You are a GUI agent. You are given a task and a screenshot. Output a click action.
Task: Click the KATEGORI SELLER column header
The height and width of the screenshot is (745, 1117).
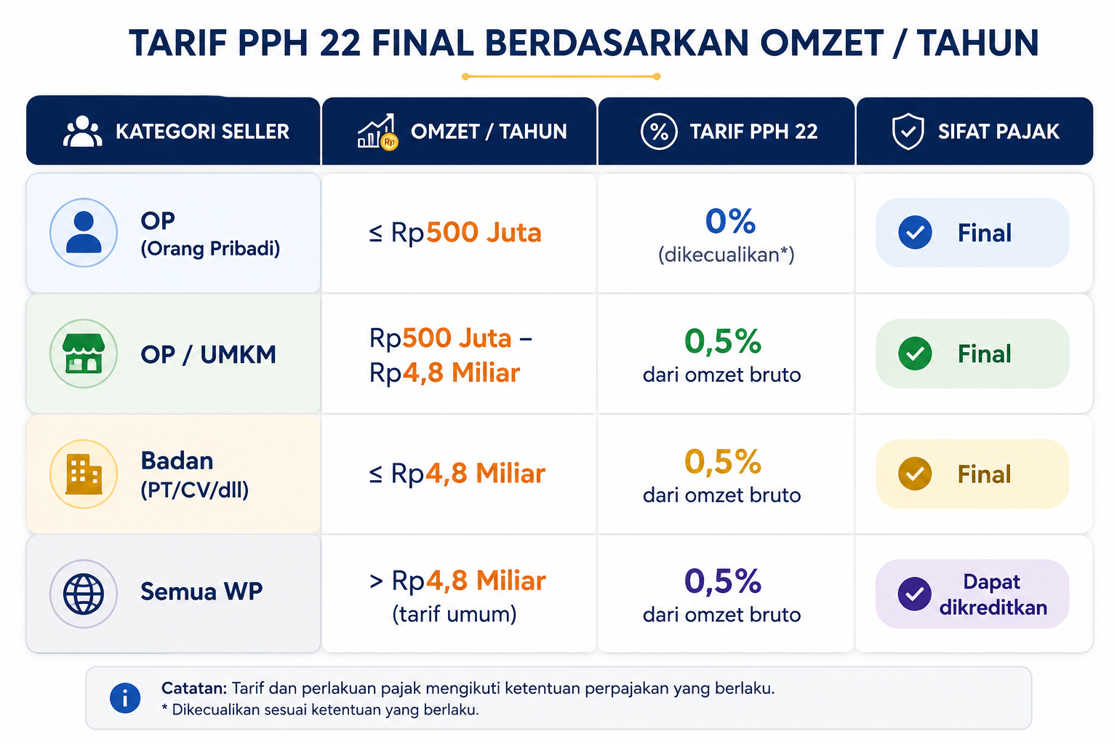pyautogui.click(x=202, y=132)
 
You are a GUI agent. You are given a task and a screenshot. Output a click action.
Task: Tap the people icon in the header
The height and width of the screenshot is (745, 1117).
pyautogui.click(x=83, y=131)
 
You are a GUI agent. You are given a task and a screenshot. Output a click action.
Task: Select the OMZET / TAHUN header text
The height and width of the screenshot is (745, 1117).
pyautogui.click(x=489, y=132)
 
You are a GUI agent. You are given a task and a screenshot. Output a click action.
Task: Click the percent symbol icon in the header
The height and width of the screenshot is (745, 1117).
pyautogui.click(x=659, y=132)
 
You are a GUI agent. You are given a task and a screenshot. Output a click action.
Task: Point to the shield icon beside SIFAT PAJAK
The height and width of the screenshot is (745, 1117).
pyautogui.click(x=908, y=131)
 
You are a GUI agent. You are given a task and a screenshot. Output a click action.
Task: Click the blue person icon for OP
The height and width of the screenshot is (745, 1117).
pyautogui.click(x=84, y=233)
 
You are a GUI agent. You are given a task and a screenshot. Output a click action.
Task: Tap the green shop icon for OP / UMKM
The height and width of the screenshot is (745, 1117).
pyautogui.click(x=84, y=354)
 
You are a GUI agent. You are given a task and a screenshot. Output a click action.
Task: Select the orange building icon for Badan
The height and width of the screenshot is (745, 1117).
pyautogui.click(x=84, y=474)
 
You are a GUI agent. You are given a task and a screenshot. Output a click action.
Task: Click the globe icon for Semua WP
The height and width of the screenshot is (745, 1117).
pyautogui.click(x=84, y=594)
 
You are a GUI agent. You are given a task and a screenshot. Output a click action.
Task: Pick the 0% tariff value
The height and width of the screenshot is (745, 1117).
pyautogui.click(x=731, y=221)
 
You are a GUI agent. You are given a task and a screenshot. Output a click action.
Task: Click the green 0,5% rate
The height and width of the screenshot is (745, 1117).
pyautogui.click(x=723, y=341)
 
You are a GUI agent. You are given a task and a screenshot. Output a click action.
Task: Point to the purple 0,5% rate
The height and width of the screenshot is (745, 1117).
pyautogui.click(x=723, y=581)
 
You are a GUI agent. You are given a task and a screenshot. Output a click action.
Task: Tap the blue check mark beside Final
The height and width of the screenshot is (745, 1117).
pyautogui.click(x=915, y=233)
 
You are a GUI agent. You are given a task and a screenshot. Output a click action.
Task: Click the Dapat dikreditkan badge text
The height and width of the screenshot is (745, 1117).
pyautogui.click(x=993, y=594)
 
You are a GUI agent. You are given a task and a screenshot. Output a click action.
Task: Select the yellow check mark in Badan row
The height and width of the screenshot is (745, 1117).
pyautogui.click(x=915, y=474)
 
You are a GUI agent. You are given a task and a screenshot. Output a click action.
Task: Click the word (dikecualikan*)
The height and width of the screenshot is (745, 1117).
pyautogui.click(x=726, y=255)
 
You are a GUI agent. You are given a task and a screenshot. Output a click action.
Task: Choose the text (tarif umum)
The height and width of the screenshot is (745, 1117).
pyautogui.click(x=455, y=614)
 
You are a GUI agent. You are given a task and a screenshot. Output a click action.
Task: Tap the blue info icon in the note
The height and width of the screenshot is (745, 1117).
pyautogui.click(x=125, y=698)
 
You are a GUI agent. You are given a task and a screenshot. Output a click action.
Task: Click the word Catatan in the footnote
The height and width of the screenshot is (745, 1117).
pyautogui.click(x=194, y=688)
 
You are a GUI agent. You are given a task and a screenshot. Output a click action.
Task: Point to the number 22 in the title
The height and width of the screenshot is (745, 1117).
pyautogui.click(x=340, y=43)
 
